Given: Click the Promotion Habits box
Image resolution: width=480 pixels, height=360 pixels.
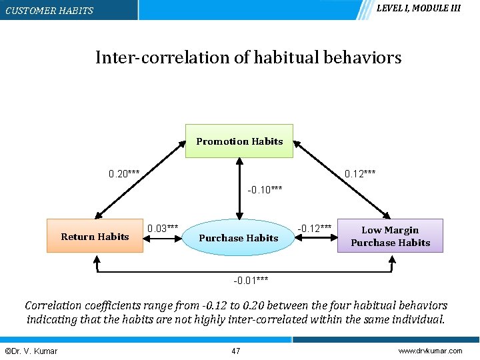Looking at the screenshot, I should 239,141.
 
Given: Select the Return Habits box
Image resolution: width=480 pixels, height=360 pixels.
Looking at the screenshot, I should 95,236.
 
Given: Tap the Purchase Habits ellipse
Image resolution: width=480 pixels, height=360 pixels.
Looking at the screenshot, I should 239,237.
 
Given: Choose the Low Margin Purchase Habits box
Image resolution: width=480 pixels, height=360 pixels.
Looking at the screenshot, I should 390,236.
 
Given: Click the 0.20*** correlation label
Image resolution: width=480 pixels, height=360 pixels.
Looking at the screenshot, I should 124,174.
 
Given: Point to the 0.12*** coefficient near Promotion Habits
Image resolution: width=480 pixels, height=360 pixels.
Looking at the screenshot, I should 359,174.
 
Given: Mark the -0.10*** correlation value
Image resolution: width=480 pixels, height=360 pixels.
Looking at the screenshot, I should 265,190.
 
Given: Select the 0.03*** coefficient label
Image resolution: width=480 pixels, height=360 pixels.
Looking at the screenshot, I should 162,228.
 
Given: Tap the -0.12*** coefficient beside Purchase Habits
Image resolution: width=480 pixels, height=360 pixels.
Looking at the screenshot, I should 314,228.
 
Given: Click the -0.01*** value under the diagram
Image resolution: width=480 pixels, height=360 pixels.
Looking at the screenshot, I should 251,279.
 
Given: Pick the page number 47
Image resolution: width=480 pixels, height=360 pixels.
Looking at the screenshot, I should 235,351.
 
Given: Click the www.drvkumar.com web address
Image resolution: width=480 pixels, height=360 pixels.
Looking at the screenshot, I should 430,351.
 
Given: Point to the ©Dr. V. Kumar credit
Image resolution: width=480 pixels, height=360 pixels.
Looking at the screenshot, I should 31,351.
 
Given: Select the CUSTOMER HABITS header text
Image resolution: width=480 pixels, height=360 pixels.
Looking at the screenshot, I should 49,11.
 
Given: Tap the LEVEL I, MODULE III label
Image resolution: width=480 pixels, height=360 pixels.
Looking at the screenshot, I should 418,9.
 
